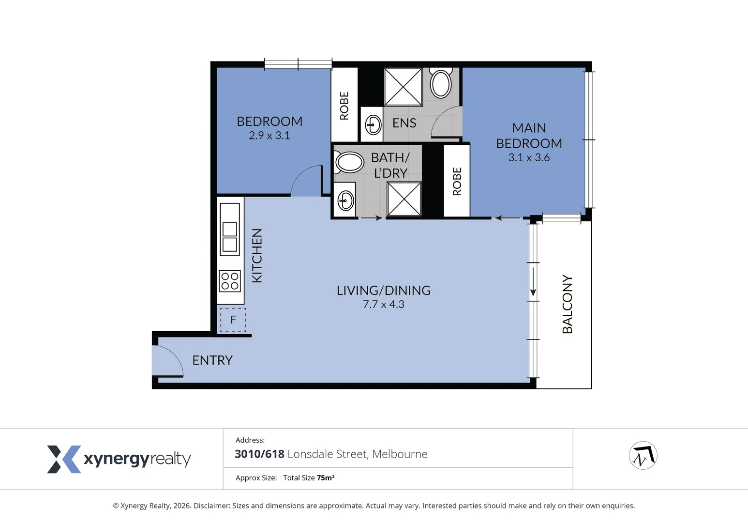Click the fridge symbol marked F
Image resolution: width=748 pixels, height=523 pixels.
click(233, 320)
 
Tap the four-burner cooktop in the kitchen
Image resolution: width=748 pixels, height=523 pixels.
click(230, 281)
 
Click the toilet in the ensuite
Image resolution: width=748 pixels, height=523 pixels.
click(441, 82)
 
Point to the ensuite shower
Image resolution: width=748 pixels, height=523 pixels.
click(403, 87)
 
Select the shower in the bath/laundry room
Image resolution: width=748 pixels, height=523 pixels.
click(404, 199)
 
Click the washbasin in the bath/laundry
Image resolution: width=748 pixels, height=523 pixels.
click(345, 200)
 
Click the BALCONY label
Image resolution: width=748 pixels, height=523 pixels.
click(567, 304)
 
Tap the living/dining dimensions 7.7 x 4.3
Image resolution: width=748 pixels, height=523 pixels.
click(383, 305)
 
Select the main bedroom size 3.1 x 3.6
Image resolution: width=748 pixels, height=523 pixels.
click(529, 157)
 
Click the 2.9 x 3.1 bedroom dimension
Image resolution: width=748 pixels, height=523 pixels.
click(269, 135)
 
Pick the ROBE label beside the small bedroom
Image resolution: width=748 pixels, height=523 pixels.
click(344, 106)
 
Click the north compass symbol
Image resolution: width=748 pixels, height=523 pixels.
click(643, 455)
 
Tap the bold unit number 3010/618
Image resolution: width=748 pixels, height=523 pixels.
click(259, 454)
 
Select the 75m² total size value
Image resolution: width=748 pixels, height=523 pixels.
click(326, 477)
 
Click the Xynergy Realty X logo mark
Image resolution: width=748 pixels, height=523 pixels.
click(64, 459)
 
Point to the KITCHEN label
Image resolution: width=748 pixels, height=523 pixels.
click(257, 256)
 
